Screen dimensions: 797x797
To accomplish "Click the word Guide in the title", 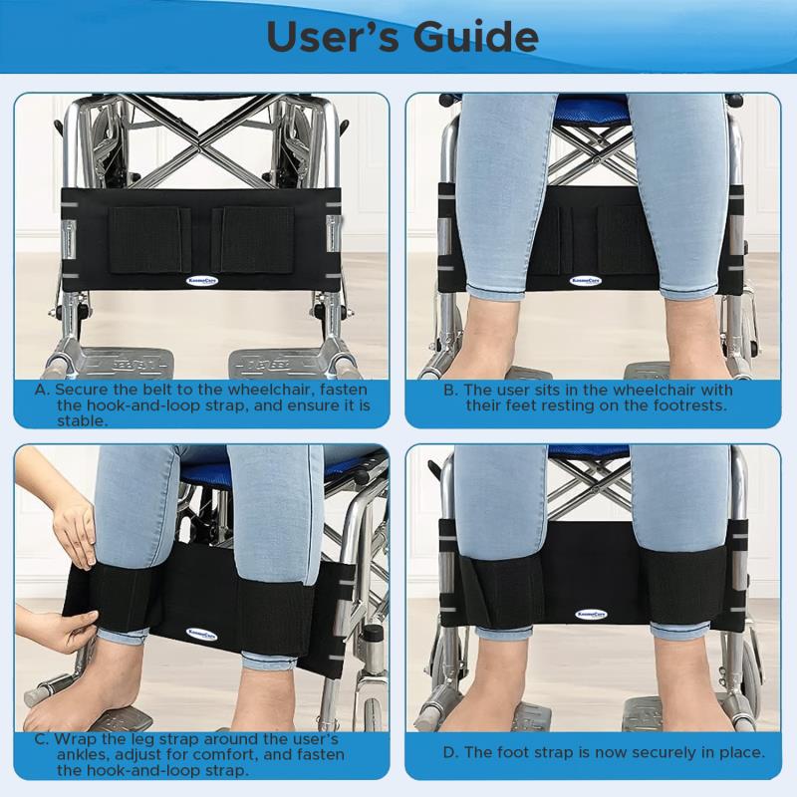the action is tap(475, 37).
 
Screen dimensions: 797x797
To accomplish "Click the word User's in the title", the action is tap(333, 37).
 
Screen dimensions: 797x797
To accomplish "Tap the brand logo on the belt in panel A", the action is tap(202, 280).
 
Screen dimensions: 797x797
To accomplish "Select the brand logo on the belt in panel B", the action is tap(586, 281).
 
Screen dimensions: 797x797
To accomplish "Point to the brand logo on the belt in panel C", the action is tap(202, 635).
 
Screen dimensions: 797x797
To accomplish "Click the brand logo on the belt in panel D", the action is tap(591, 615).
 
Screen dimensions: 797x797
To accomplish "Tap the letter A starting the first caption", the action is tap(41, 391).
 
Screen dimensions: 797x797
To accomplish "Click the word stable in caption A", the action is tap(83, 420).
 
